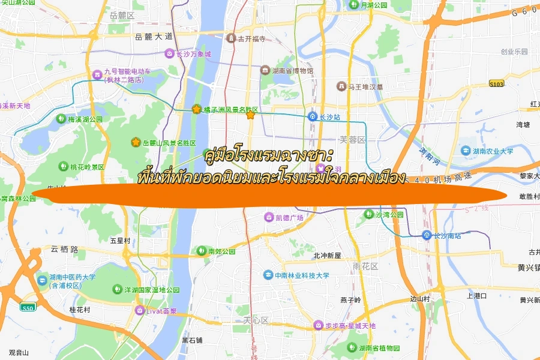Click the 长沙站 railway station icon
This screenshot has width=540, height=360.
313,116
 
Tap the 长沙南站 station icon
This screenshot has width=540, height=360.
426,235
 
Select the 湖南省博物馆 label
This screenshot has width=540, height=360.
292,71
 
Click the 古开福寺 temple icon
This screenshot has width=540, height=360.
231,39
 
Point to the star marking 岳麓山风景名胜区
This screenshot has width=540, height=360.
136,142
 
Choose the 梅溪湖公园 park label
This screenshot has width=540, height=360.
85,119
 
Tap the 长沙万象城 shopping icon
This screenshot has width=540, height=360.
170,54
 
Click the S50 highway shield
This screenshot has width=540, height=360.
28,308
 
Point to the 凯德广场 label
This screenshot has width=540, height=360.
289,217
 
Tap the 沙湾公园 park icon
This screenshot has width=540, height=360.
368,214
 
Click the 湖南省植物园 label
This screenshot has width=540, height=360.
379,348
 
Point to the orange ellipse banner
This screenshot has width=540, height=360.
270,194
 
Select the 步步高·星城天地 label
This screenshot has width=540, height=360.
350,326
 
